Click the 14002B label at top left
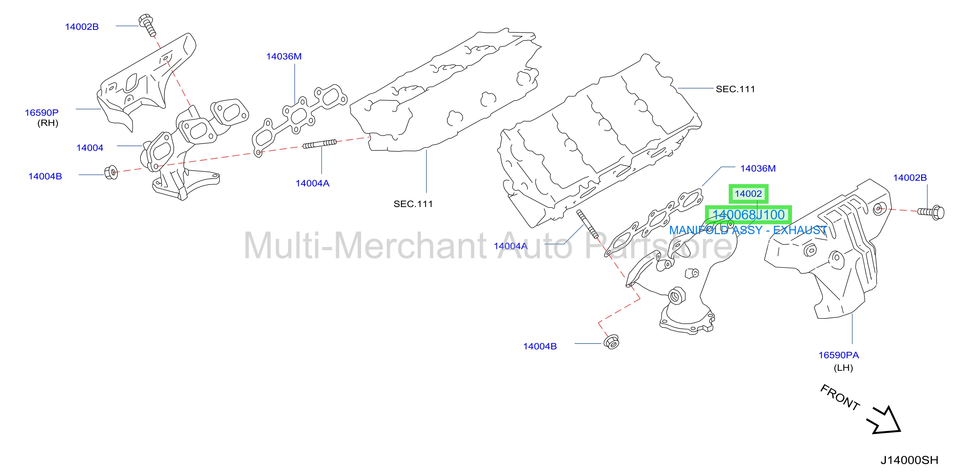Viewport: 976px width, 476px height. [82, 27]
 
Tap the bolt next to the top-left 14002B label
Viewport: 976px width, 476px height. [148, 25]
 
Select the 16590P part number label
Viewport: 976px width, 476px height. [42, 113]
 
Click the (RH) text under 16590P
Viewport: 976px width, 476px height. [48, 123]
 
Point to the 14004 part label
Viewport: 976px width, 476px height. [90, 148]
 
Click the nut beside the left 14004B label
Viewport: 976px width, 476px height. [111, 173]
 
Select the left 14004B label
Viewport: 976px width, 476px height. [45, 176]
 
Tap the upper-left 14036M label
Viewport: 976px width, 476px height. [284, 56]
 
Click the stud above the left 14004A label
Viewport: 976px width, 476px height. [320, 144]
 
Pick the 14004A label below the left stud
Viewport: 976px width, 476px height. [312, 183]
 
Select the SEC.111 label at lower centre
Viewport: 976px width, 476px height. [413, 204]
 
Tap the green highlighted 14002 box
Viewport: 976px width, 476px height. [748, 194]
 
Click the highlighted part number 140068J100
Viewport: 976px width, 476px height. [748, 215]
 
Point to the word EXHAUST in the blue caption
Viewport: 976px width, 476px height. [799, 230]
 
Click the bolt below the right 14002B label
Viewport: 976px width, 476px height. [931, 212]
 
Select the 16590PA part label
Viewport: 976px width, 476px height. [838, 355]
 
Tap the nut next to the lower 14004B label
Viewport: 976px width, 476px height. [611, 342]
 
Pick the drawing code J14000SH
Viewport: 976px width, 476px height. [909, 460]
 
